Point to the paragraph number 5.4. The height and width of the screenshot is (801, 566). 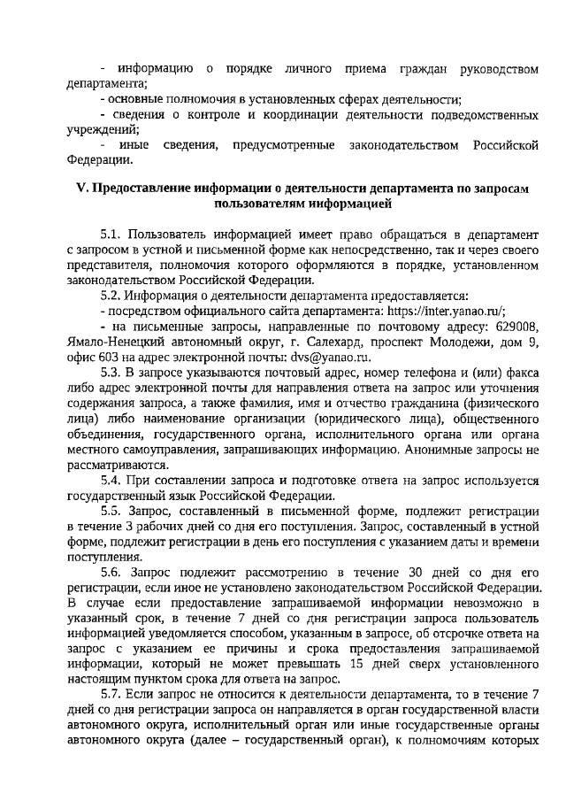click(112, 479)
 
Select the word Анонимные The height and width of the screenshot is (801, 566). click(440, 448)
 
